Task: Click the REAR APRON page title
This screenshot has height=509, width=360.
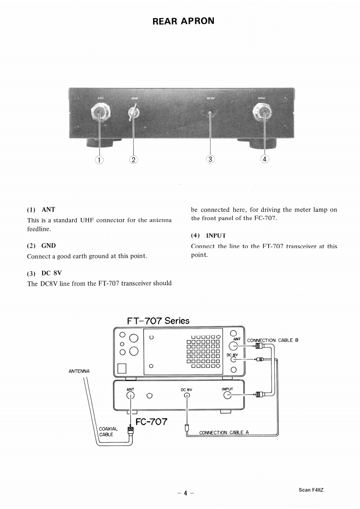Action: coord(183,21)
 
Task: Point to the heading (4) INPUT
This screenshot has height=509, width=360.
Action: coord(208,235)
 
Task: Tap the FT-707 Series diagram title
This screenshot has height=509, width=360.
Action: coord(158,320)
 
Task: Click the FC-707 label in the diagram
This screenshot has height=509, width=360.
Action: coord(152,422)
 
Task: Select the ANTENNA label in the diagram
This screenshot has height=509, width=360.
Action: coord(79,371)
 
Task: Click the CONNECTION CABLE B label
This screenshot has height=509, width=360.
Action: coord(272,340)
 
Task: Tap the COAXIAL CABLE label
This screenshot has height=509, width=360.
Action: coord(108,431)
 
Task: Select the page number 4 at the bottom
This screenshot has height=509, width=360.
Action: coord(185,494)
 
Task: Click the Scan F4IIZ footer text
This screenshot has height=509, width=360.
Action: coord(311,490)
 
